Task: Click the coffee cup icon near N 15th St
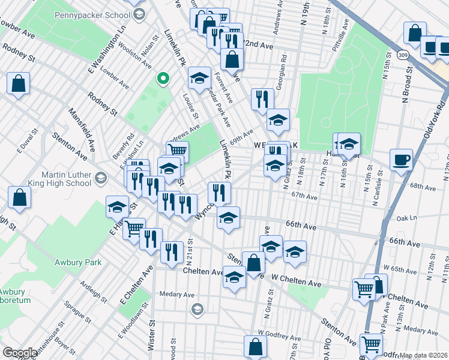point(400,160)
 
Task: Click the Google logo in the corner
point(20,353)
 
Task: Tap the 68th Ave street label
point(423,187)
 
